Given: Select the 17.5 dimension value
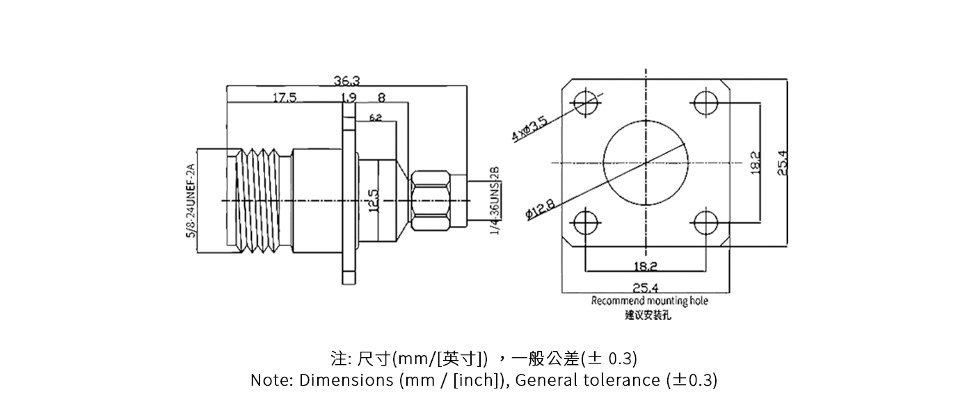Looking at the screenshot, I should coord(284,98).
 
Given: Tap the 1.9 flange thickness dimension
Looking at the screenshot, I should coord(349,98).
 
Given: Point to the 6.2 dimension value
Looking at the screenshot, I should coord(376,117).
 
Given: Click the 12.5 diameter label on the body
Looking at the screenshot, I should coord(373,202).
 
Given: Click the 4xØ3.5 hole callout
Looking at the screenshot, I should coord(531,129).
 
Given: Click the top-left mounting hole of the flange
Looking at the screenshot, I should coord(586,103).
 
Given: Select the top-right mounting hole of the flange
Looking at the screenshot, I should coord(706,103).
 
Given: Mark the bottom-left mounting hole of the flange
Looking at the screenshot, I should coord(586,223).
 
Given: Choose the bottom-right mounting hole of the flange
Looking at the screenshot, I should coord(706,223).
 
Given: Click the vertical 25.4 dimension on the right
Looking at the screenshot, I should coord(782,163).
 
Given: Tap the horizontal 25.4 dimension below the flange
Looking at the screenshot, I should coord(646,286).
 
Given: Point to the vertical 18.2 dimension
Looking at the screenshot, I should coord(756,163).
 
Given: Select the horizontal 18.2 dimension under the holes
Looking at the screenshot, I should coord(646,266).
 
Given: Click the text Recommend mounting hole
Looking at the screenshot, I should coord(650,301).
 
